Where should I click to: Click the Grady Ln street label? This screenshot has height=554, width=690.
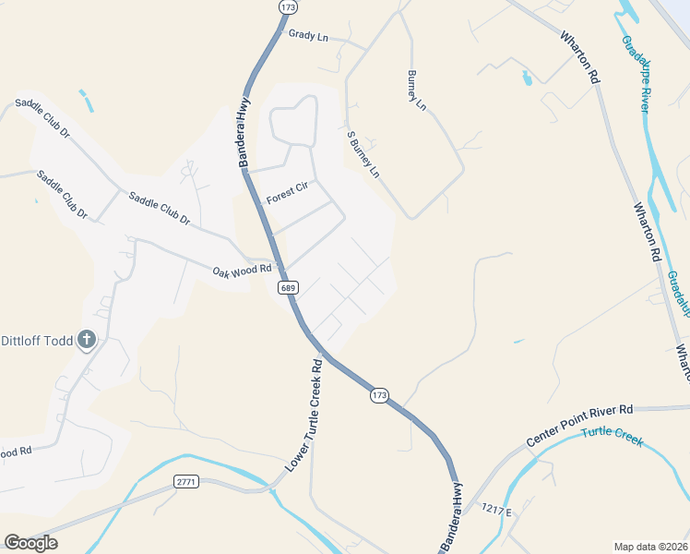(308, 37)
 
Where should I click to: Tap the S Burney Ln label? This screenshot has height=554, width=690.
(363, 154)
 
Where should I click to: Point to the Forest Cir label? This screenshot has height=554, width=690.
(286, 193)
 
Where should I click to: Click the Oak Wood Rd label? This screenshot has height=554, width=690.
(242, 270)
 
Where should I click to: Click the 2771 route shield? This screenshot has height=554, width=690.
(186, 481)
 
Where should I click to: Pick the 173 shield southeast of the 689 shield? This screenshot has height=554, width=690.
(379, 395)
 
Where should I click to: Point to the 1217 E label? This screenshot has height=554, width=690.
(495, 509)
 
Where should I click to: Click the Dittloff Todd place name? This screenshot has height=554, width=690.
(37, 340)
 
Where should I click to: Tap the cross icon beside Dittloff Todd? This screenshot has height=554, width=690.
(87, 340)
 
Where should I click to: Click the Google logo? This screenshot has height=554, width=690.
(30, 543)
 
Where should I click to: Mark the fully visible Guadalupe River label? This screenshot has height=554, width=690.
(637, 75)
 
